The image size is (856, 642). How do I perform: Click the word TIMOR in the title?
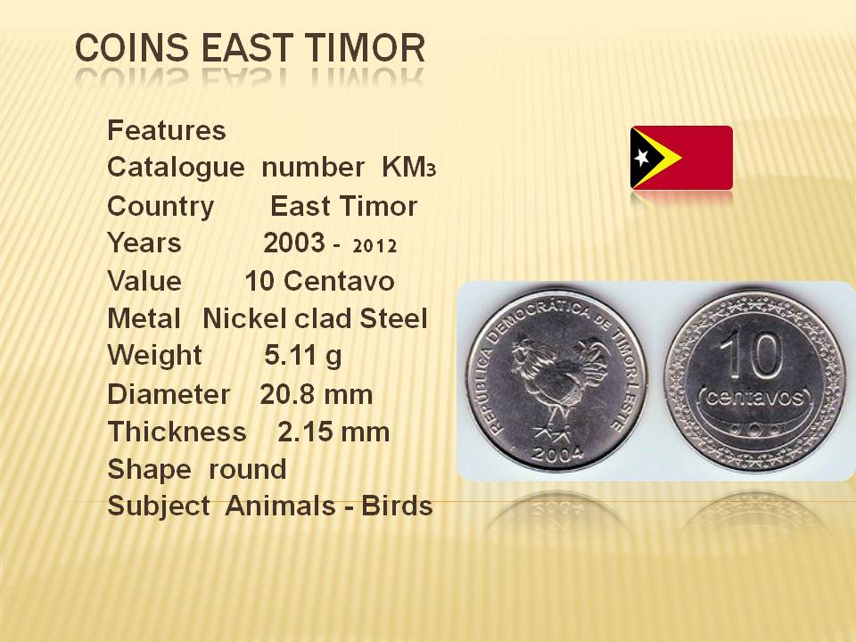(x=365, y=47)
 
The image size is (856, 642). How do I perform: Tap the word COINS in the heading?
(x=132, y=47)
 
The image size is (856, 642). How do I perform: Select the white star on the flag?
(x=642, y=158)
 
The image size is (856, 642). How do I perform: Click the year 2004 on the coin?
(x=558, y=454)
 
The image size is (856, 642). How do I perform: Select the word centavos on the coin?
(x=755, y=397)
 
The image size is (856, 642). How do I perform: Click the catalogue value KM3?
(x=409, y=167)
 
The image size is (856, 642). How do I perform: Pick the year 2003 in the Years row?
(x=294, y=243)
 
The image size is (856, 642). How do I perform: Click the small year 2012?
(x=374, y=246)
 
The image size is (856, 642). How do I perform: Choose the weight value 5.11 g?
(x=303, y=356)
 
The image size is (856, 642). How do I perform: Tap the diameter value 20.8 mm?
(x=316, y=394)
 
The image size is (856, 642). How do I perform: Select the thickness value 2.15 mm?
(x=333, y=432)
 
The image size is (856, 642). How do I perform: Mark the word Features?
(x=167, y=130)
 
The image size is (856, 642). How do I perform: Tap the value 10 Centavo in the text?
(x=319, y=281)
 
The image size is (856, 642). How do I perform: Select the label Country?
(x=160, y=207)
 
